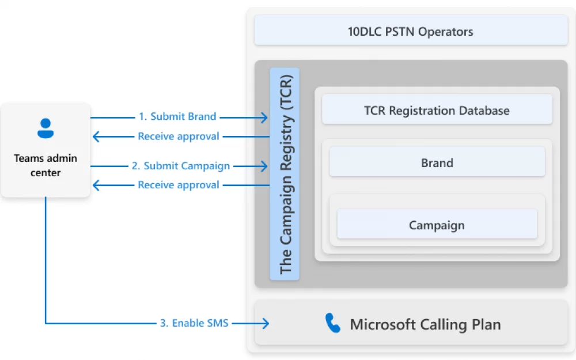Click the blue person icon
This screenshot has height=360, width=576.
point(46,128)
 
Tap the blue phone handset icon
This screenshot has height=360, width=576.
point(333,323)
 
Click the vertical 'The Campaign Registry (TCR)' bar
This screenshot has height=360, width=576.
point(285,174)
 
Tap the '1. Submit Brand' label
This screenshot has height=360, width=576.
point(177,116)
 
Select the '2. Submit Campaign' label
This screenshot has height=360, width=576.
point(181,166)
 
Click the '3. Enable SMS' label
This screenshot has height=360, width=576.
point(194,323)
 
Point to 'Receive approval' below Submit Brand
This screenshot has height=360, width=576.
point(179,137)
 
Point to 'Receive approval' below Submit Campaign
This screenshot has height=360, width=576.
point(179,185)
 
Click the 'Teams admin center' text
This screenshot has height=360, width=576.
point(46,165)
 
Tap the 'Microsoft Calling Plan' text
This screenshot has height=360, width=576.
point(425,324)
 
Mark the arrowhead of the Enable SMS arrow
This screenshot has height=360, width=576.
point(265,323)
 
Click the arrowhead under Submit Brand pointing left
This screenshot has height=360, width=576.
point(96,137)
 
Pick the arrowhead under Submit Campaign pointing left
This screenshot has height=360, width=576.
point(96,185)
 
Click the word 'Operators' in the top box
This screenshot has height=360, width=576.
point(446,32)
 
